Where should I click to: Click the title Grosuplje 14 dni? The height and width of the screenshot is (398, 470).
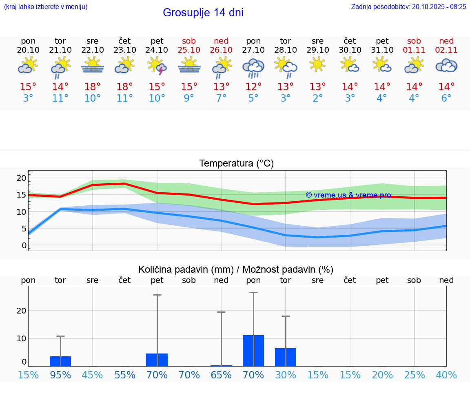203,13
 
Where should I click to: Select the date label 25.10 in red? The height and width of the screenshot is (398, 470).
189,50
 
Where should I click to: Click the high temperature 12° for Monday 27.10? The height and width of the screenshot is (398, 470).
253,87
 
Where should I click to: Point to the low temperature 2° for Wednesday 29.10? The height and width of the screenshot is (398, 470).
318,98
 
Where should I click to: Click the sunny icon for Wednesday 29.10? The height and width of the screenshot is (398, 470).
317,64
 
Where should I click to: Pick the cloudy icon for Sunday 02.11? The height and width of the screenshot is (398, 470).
446,65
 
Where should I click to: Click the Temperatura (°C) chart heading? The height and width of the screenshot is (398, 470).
236,163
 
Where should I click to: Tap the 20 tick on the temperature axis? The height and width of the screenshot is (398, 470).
21,178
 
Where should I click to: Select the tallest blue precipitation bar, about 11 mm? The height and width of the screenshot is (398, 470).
253,350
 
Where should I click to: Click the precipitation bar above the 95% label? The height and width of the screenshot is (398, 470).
60,361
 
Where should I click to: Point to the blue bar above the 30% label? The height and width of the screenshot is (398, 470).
286,357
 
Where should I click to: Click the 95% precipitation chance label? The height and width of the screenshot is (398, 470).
60,375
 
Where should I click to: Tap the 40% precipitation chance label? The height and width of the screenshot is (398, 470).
446,375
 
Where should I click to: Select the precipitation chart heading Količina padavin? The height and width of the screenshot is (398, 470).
236,269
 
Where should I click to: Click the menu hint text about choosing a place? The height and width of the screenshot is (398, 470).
46,7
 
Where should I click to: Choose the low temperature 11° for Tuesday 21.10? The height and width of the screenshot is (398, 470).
60,98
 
